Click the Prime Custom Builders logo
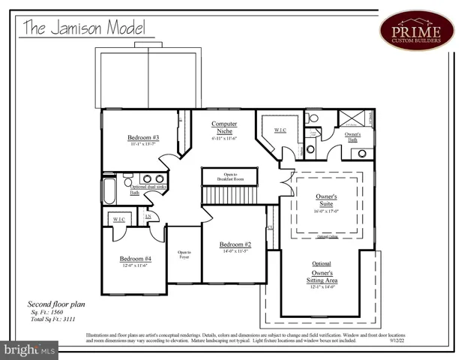[x=417, y=30]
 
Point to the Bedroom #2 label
[x=235, y=245]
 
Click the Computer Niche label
[x=223, y=127]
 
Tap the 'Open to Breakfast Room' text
[x=229, y=177]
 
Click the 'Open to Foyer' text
[x=184, y=255]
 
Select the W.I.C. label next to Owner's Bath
[x=280, y=130]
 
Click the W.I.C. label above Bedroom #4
[x=119, y=218]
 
